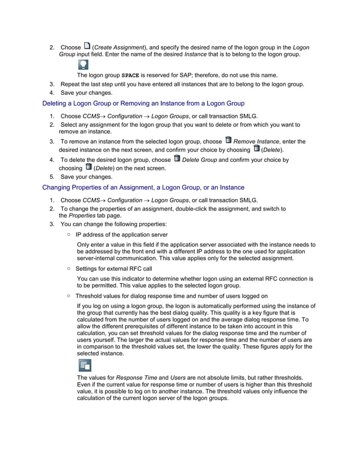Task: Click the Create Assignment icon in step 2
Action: tap(86, 46)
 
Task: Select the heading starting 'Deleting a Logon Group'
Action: tap(143, 103)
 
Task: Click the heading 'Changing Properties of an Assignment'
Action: tap(143, 187)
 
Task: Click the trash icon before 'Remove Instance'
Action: tap(228, 140)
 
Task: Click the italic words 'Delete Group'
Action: tap(200, 160)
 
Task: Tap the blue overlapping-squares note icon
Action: tap(84, 366)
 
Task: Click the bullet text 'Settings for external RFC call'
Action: tap(113, 269)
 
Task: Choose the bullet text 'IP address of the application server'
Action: tap(121, 234)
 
